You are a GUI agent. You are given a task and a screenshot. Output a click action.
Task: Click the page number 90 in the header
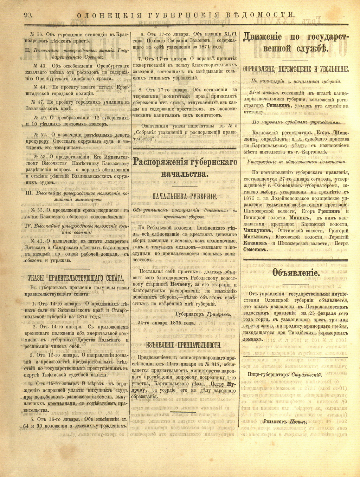tap(28, 15)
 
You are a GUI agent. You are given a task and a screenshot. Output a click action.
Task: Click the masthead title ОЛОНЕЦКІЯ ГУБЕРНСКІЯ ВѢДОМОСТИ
tap(185, 15)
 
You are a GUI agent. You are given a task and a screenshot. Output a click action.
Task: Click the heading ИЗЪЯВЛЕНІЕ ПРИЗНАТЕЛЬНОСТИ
tap(184, 345)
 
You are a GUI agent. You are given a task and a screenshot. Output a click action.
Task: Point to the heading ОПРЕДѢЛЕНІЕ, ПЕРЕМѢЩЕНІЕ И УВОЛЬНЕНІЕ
tap(296, 69)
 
